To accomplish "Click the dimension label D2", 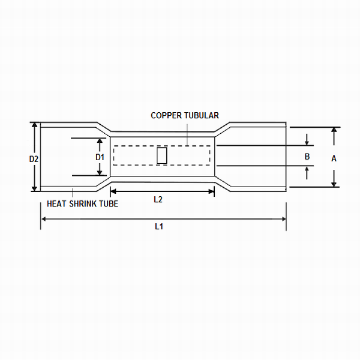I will click(34, 159).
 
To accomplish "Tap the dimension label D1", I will click(100, 157).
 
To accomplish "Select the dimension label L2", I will click(158, 200).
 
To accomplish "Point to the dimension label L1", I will click(159, 226).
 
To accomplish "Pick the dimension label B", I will click(307, 157).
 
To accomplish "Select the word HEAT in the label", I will click(56, 203).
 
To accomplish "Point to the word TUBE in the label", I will click(109, 203).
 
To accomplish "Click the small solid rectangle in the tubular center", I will click(161, 155).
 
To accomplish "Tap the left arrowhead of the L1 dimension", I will click(43, 219).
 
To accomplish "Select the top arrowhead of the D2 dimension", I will click(34, 126).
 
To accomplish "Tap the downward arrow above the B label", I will click(307, 143).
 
